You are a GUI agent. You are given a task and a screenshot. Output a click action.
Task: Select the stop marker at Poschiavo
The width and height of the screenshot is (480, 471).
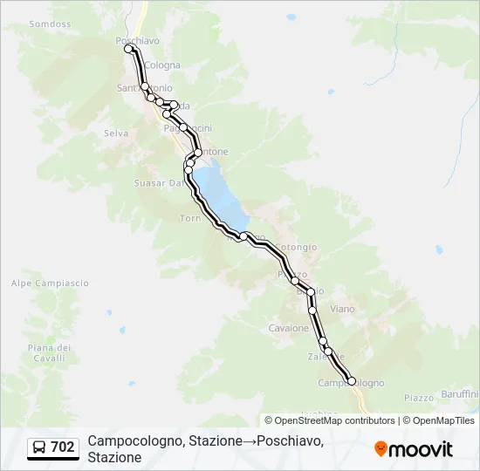129,49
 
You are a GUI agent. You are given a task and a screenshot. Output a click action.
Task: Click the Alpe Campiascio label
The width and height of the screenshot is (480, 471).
50,283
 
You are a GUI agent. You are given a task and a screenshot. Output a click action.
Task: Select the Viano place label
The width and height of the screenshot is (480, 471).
343,308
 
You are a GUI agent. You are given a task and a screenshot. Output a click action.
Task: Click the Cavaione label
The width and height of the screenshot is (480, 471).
289,329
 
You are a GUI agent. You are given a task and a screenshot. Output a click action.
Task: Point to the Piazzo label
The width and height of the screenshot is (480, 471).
420,398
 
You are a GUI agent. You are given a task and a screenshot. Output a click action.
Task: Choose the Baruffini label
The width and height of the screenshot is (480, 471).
458,394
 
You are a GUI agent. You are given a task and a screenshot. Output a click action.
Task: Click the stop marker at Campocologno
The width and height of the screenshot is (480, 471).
352,380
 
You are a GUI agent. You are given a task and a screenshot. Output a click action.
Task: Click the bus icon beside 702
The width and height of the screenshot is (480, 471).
40,447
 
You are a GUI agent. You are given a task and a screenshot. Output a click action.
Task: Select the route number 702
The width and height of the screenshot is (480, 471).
63,447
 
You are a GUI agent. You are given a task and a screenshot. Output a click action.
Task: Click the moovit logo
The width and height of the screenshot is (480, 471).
414,449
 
